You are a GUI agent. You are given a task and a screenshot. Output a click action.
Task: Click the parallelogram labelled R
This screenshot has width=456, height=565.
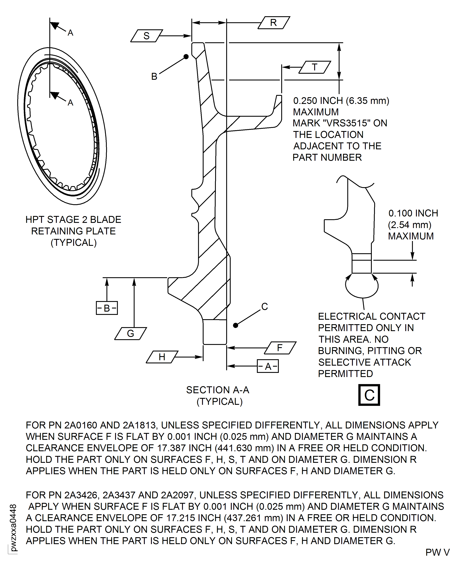[x=274, y=23]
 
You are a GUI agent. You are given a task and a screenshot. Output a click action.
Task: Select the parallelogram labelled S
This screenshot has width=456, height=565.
[x=147, y=36]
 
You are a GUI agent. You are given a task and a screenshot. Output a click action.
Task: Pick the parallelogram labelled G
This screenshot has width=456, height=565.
[x=131, y=334]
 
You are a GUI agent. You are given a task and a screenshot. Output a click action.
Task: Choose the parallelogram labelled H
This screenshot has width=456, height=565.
[x=162, y=357]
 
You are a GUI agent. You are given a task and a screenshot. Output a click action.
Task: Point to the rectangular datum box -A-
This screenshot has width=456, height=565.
[x=268, y=366]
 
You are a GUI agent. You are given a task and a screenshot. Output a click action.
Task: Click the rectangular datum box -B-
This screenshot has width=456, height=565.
[x=107, y=308]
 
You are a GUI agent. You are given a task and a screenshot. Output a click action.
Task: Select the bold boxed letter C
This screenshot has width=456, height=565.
[x=369, y=395]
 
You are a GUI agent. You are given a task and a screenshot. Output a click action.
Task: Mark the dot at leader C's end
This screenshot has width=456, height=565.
[x=236, y=325]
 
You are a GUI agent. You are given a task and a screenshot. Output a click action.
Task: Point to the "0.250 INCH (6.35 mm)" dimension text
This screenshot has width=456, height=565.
[x=341, y=101]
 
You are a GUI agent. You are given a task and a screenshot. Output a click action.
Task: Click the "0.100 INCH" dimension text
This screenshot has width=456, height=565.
[x=413, y=213]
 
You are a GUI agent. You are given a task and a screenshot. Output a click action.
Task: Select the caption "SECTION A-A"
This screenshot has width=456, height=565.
[x=218, y=390]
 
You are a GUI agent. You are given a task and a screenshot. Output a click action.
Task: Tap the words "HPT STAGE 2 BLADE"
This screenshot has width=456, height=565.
[x=73, y=219]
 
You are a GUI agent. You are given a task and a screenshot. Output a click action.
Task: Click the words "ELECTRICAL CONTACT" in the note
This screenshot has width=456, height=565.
[x=371, y=316]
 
